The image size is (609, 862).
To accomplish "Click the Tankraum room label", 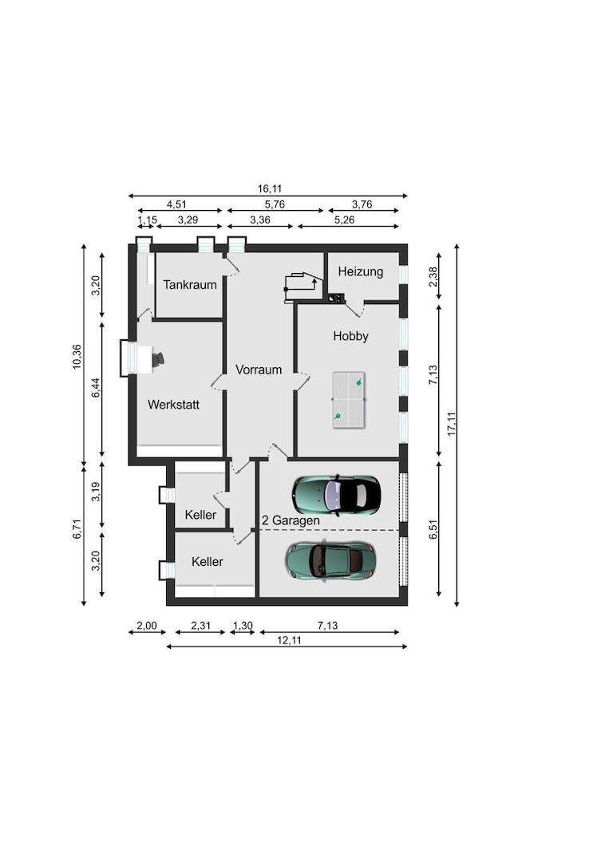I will click(190, 285).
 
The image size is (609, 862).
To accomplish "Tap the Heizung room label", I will click(360, 271).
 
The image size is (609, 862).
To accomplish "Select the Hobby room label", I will click(350, 336).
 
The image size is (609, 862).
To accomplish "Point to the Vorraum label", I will click(258, 370).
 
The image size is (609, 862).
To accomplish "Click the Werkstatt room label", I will click(173, 405).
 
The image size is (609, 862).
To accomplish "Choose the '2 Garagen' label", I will click(291, 520).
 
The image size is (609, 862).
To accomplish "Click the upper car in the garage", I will click(335, 495).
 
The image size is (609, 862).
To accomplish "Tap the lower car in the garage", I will click(330, 560).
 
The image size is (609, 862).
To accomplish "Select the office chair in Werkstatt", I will click(157, 359).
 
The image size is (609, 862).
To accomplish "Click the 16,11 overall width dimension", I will click(269, 189).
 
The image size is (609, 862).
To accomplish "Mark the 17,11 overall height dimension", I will click(452, 423).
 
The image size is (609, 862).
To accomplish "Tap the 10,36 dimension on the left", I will click(77, 357).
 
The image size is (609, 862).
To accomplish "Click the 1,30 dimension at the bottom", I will click(243, 626).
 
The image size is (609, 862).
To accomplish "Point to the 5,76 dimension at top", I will click(275, 204).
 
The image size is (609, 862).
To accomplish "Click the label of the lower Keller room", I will click(207, 562).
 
